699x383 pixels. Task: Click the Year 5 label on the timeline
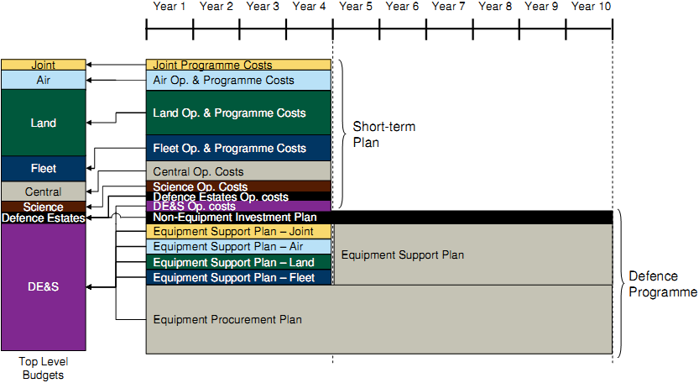(355, 6)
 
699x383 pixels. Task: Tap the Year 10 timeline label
(591, 6)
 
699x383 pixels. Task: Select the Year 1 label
(169, 6)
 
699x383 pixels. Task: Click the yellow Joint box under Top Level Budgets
(44, 65)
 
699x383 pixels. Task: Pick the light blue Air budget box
(44, 80)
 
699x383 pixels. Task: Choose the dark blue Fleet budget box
(44, 169)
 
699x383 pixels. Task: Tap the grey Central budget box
(44, 191)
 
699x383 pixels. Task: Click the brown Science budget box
(44, 207)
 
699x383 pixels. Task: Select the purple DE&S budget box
(44, 287)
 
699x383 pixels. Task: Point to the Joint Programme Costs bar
(238, 65)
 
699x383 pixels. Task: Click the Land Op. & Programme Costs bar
(238, 113)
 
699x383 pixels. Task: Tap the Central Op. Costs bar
(238, 171)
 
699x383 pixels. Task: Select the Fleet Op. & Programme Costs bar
(238, 148)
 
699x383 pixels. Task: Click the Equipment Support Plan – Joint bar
(238, 232)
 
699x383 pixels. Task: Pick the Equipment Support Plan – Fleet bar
(238, 278)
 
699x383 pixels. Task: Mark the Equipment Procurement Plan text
(227, 320)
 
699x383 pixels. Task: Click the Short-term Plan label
(383, 134)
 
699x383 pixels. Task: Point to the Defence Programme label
(663, 284)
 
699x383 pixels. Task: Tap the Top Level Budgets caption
(44, 368)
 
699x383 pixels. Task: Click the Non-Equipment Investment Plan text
(234, 218)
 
